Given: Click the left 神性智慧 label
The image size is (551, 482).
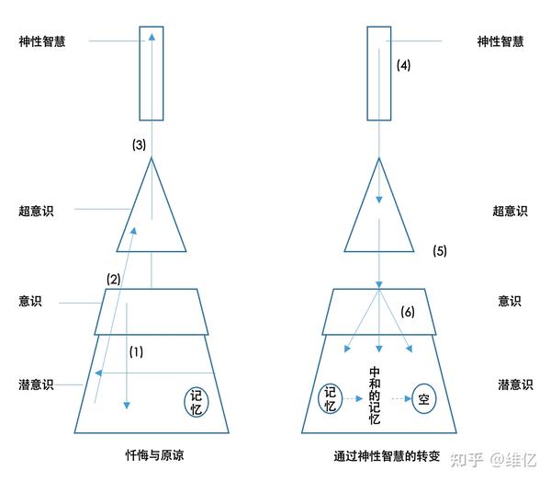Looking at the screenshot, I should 42,41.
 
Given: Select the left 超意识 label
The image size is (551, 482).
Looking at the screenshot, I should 36,211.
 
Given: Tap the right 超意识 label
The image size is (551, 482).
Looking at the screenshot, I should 509,211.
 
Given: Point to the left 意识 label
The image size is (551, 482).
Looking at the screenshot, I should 29,301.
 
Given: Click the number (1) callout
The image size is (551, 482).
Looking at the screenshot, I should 136,351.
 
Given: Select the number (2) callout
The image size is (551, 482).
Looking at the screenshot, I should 114,279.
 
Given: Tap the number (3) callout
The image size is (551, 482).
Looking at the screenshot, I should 138,144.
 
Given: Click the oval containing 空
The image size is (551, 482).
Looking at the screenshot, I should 423,399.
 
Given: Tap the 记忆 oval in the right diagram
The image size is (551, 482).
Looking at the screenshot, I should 331,398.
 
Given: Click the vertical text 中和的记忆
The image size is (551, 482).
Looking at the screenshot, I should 374,396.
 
